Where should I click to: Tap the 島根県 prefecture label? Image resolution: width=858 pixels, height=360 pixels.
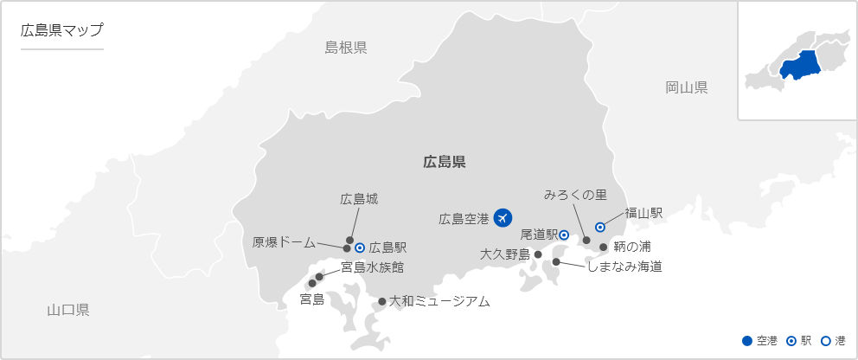[x=346, y=48]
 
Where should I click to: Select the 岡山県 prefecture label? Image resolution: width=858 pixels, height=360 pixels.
[x=687, y=87]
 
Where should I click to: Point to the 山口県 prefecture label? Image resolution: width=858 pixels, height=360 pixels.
[x=68, y=310]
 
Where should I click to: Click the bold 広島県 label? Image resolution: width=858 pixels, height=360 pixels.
[x=445, y=161]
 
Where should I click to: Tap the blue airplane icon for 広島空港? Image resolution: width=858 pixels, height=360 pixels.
[x=503, y=219]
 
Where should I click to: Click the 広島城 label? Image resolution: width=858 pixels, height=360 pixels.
[x=359, y=199]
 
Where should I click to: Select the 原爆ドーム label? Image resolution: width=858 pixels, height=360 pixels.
[x=284, y=242]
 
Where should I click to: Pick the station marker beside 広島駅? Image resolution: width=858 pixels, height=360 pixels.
[x=360, y=247]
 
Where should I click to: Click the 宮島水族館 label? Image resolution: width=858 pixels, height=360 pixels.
[x=372, y=267]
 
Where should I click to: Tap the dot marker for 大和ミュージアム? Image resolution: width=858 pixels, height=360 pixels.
[x=382, y=302]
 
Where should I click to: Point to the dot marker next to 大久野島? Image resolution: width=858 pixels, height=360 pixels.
[x=538, y=255]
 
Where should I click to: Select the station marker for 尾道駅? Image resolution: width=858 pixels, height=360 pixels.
[x=563, y=235]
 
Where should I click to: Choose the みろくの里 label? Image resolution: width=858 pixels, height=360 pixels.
[x=575, y=196]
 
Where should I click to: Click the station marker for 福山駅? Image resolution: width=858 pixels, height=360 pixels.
[x=600, y=227]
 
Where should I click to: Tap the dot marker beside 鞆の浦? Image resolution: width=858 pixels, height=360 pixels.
[x=604, y=247]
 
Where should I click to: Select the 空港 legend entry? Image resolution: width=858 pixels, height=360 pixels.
[x=760, y=341]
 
